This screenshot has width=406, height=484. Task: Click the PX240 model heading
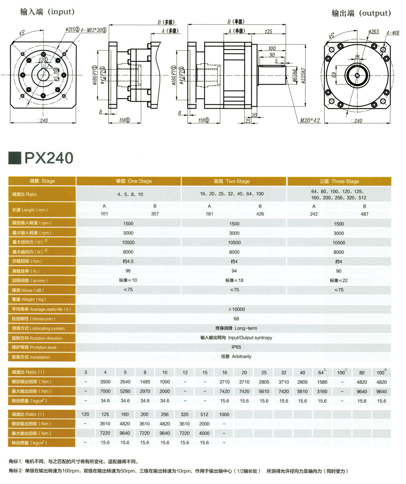[x=49, y=158]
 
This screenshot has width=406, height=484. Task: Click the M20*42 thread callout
[x=310, y=120]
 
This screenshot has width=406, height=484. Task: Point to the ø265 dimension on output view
[x=374, y=32]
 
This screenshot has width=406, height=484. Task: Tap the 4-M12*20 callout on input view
[x=94, y=30]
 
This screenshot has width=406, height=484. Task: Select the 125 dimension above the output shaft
[x=268, y=32]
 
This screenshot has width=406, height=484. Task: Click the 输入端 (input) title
[x=47, y=12]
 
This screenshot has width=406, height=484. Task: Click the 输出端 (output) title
[x=361, y=13]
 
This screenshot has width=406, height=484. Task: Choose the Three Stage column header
[x=339, y=181]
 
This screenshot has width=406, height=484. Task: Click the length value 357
[x=155, y=214]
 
